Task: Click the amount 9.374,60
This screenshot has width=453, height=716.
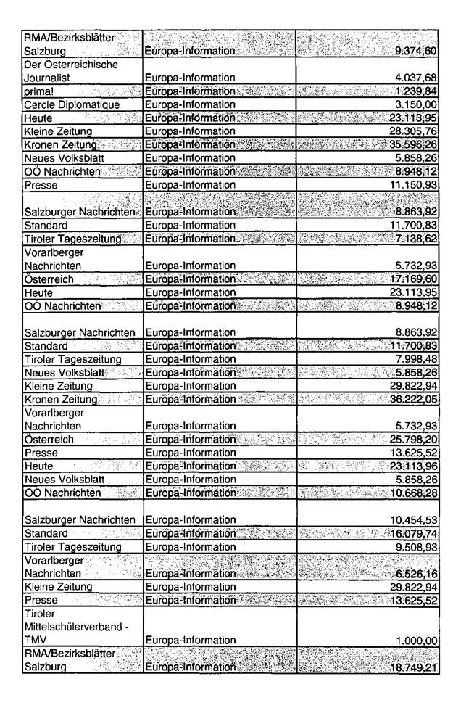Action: coord(415,52)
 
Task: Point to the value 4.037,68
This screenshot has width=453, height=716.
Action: coord(417,77)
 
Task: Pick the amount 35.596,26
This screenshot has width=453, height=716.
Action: coord(414,145)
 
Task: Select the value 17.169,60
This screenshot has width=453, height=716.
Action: coord(414,278)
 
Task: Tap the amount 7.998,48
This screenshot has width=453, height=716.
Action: coord(417,359)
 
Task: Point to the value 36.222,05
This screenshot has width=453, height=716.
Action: coord(414,399)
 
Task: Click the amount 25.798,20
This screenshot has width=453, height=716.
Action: coord(414,440)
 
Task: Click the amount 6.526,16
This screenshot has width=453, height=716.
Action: coord(417,573)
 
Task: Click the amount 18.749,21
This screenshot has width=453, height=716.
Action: coord(414,667)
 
